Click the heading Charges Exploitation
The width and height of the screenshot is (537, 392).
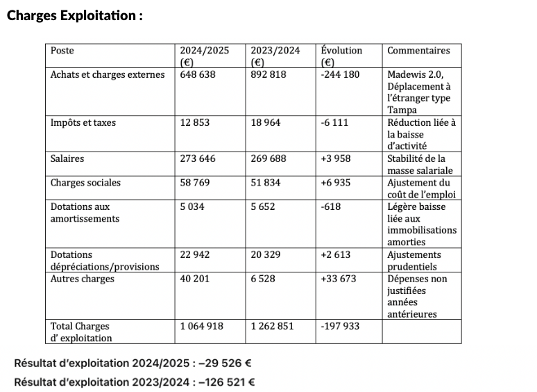(x=75, y=15)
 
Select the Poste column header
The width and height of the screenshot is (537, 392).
(x=62, y=51)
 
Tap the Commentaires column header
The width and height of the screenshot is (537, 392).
(x=418, y=51)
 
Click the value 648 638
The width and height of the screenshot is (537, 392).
(x=198, y=75)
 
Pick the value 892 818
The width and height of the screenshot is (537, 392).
(x=268, y=75)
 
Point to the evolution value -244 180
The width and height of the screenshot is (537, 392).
(x=341, y=75)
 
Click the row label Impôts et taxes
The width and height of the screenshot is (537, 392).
(x=83, y=123)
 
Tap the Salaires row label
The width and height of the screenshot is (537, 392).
(x=67, y=159)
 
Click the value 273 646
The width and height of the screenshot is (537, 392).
(x=198, y=159)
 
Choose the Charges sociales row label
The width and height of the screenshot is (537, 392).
(x=85, y=183)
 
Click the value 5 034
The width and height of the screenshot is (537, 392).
(x=194, y=207)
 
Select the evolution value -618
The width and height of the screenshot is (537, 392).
(x=331, y=207)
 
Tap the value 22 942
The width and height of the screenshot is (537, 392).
(x=196, y=255)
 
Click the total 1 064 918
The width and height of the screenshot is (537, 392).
(x=203, y=327)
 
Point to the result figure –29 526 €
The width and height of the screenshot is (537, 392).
(x=219, y=364)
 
